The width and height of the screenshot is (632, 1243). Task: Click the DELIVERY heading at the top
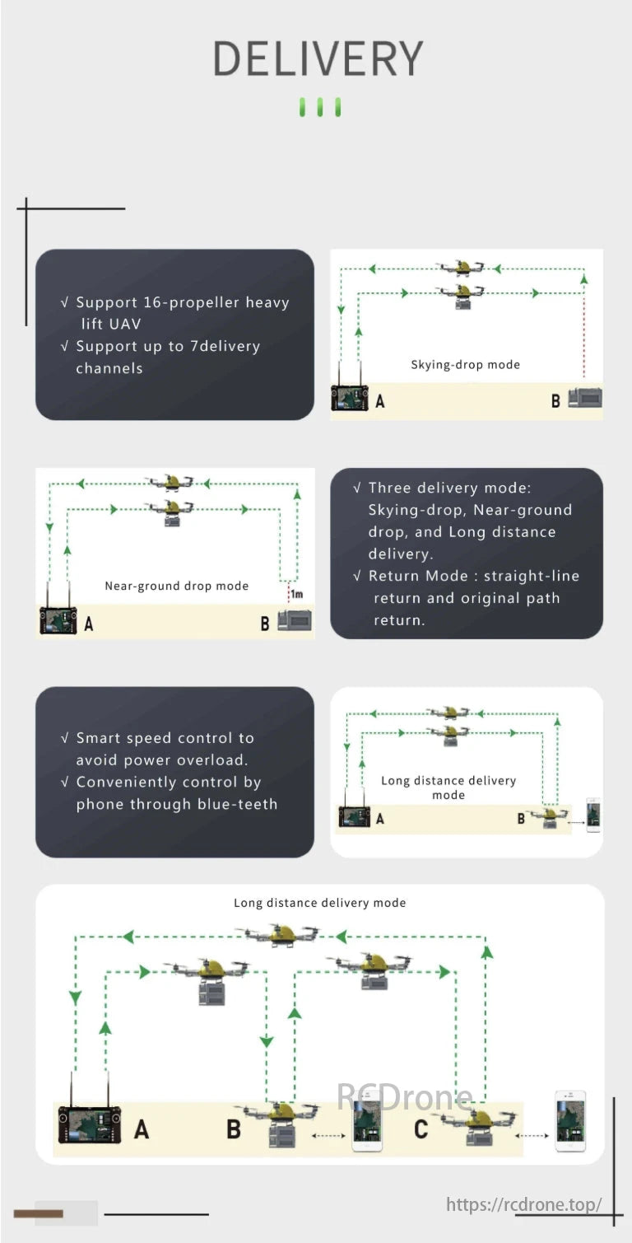[x=318, y=59]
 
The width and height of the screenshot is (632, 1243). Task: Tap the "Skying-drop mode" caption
[x=465, y=364]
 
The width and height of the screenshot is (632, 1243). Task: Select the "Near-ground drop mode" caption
[x=176, y=586]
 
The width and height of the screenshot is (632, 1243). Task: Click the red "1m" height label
[x=295, y=594]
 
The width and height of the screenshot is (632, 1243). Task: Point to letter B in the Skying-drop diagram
[x=555, y=401]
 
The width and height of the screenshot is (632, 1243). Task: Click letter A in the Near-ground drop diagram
[x=89, y=624]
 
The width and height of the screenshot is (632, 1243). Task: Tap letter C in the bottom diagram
[x=421, y=1128]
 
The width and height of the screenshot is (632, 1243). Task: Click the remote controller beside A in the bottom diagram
[x=89, y=1124]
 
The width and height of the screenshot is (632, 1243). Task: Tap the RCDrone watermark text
[x=404, y=1097]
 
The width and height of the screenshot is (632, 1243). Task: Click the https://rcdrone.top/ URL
[x=523, y=1204]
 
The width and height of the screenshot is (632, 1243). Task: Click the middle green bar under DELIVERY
[x=319, y=107]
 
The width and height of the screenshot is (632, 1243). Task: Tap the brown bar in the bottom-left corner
[x=39, y=1213]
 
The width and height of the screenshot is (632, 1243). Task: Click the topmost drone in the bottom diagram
[x=278, y=935]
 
